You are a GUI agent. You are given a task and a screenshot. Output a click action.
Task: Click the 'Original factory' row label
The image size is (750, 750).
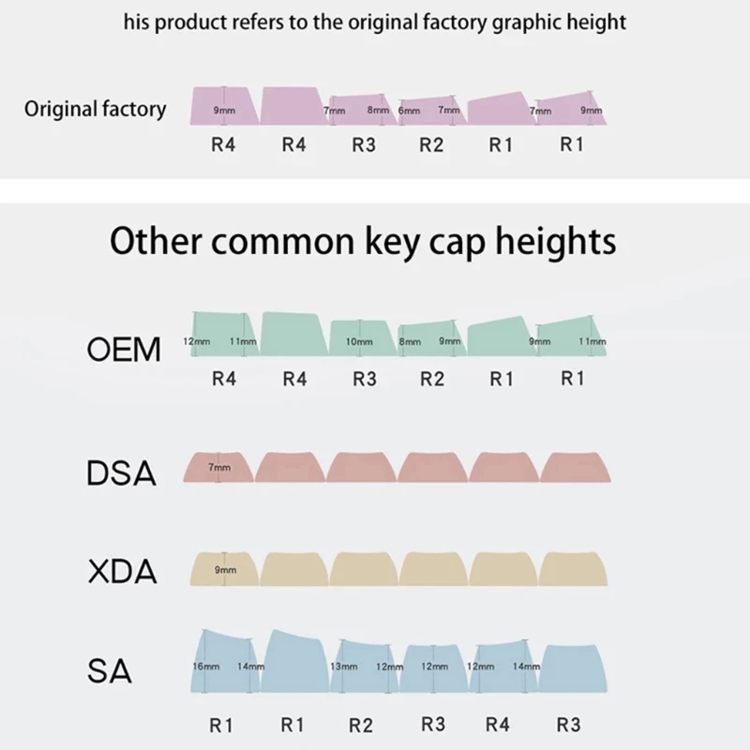(95, 109)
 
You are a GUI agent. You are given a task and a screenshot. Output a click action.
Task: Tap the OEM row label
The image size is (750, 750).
(124, 350)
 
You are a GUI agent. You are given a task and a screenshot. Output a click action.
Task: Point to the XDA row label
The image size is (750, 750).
(122, 572)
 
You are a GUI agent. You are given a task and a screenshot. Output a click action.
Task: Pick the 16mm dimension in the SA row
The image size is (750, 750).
(205, 666)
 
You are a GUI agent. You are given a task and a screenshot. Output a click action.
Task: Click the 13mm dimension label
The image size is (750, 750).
(344, 666)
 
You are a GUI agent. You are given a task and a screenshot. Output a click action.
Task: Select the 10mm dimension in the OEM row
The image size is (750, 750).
(359, 343)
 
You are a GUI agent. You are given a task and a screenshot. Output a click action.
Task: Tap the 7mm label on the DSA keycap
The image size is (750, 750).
(218, 466)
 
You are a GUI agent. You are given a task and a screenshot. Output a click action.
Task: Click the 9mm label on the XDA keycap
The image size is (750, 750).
(225, 569)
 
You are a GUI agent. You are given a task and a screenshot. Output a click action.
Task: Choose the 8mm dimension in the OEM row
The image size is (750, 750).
(410, 343)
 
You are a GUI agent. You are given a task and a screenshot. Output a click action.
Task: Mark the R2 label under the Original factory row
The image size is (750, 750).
(431, 146)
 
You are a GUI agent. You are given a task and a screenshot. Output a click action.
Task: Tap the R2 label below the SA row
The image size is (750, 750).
(362, 725)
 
